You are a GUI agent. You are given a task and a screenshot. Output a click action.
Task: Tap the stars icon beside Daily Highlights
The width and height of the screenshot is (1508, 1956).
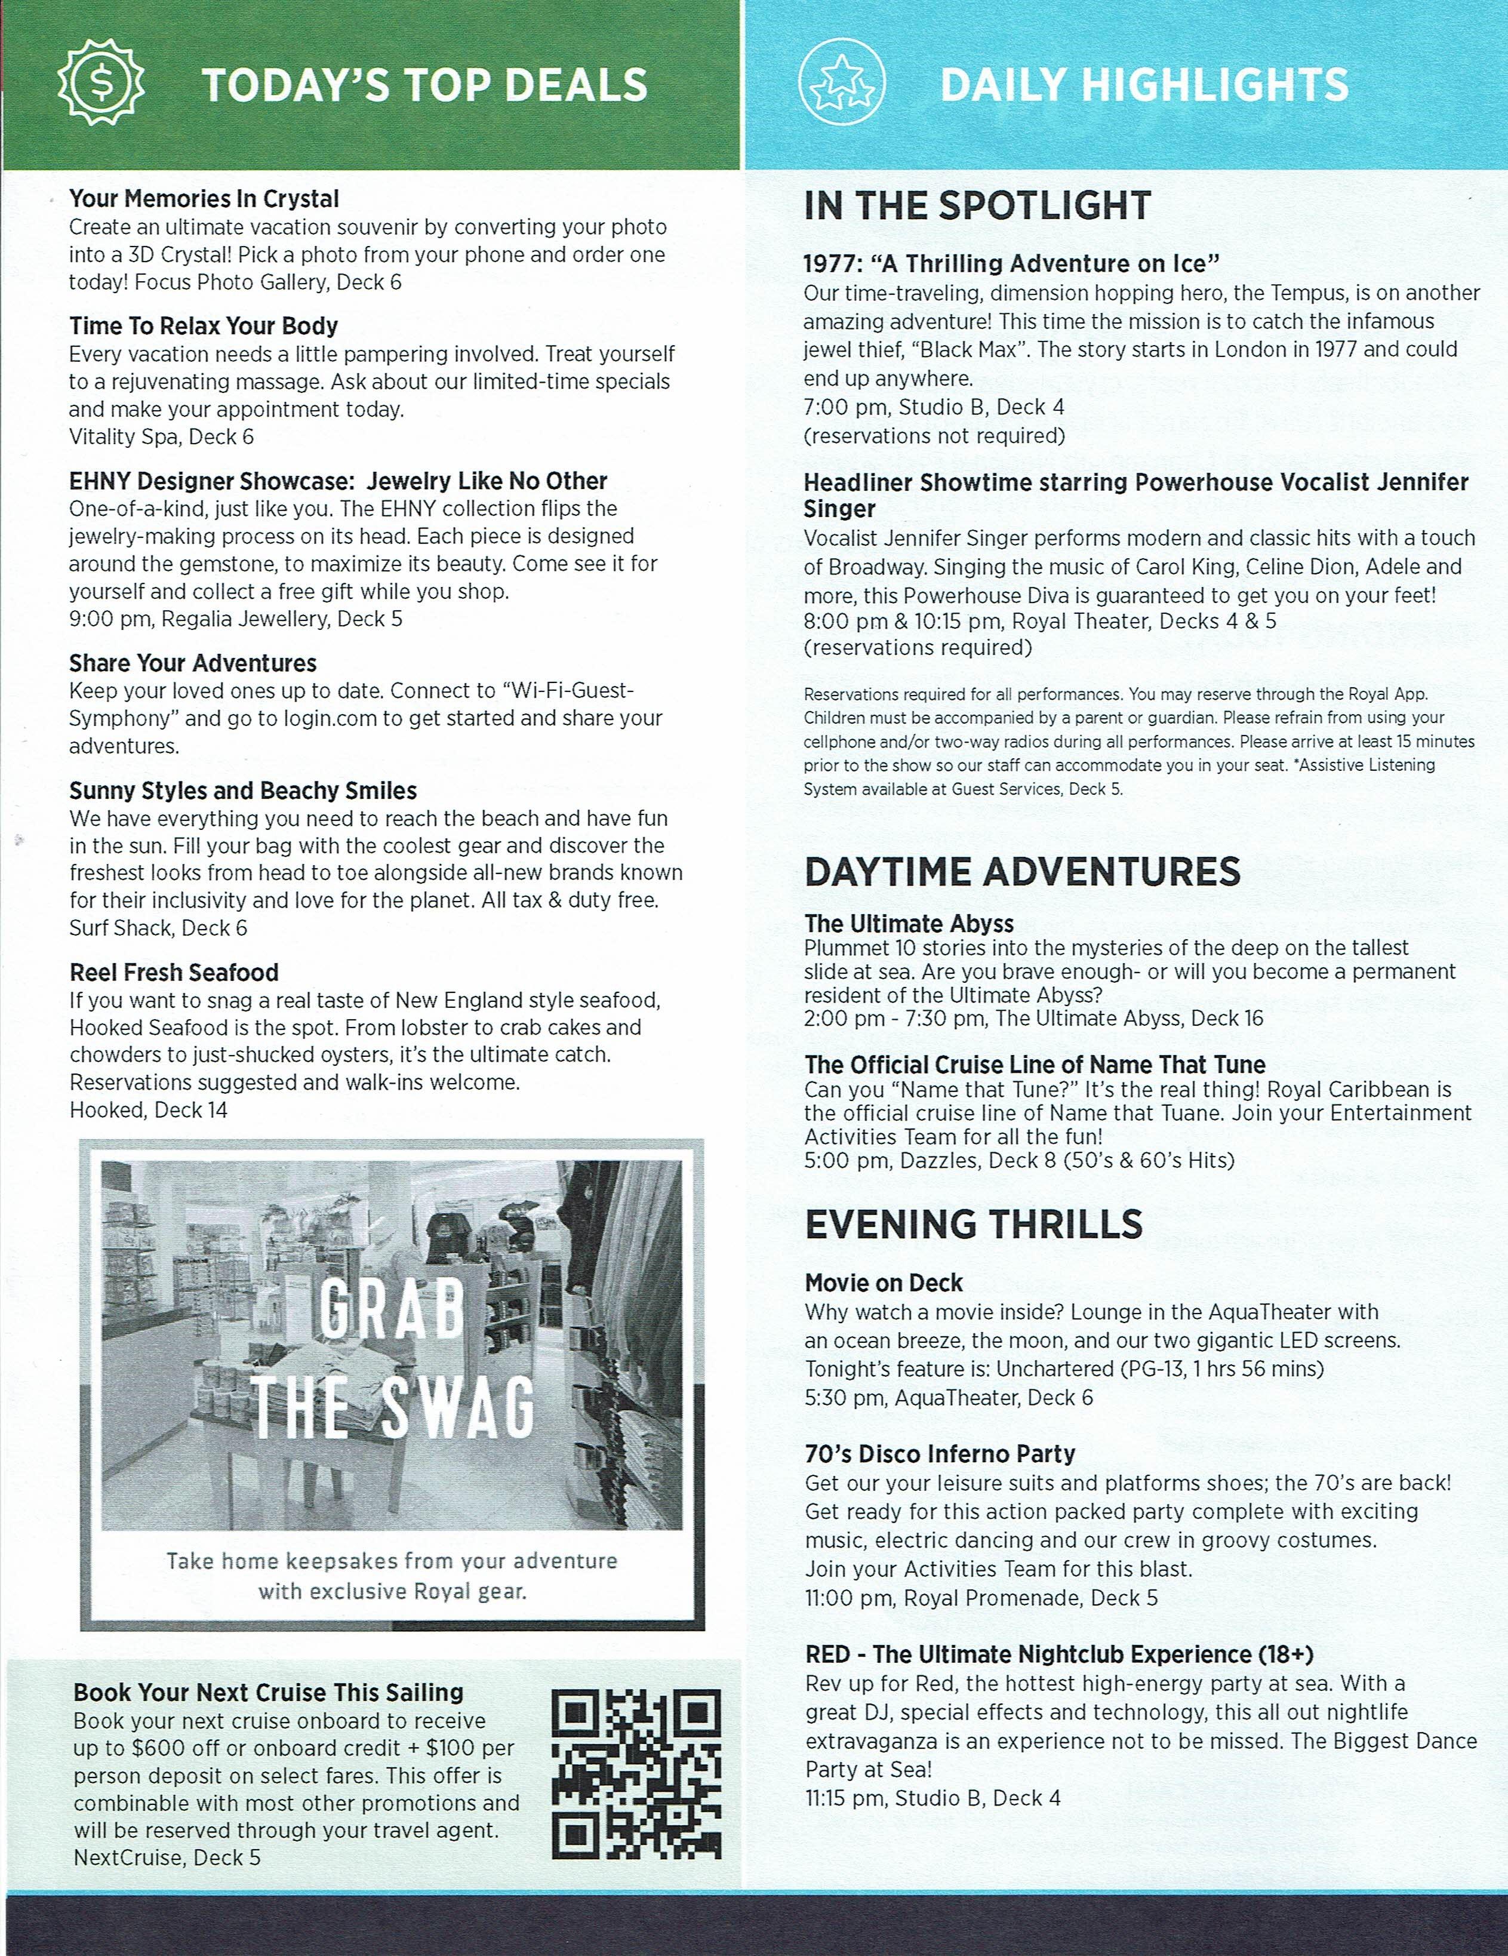pos(840,84)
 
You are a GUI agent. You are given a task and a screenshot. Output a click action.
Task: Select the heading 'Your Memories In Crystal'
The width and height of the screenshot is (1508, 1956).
pos(204,199)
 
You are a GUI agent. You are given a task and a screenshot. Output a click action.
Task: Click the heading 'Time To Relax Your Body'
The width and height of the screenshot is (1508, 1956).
pos(203,326)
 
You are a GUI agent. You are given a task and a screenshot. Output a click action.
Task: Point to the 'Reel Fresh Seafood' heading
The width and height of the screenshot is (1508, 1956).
pos(174,973)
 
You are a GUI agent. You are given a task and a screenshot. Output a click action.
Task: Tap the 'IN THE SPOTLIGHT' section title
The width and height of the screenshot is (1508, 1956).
pos(976,206)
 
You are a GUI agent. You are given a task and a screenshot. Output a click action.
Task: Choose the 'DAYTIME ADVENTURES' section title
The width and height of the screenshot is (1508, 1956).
pos(1023,872)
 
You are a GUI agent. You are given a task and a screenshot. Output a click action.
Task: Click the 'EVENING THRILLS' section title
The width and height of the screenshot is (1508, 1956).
pos(973,1224)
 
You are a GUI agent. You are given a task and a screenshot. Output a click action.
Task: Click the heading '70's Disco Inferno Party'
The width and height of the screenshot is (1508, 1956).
pos(940,1453)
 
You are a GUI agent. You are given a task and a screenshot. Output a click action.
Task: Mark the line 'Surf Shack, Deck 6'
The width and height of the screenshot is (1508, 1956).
pos(158,928)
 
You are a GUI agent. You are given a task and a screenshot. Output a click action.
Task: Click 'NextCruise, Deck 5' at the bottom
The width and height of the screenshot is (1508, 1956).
pos(167,1857)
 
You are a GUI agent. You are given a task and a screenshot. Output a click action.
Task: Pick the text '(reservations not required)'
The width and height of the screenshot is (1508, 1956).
pos(934,436)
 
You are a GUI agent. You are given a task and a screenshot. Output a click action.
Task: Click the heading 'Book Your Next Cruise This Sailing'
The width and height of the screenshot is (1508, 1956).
pos(267,1693)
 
